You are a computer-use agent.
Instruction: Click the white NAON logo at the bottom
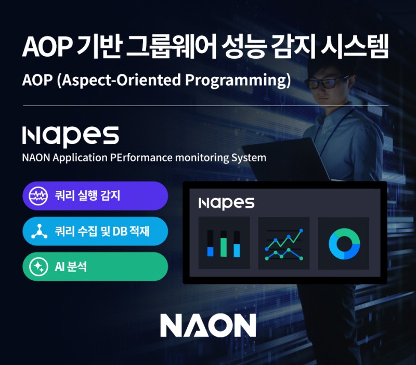coord(208,325)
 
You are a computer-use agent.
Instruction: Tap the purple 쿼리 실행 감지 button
coord(95,196)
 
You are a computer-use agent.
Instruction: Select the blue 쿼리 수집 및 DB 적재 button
coord(95,231)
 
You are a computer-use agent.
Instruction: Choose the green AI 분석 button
coord(95,266)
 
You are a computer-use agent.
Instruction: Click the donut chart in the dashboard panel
coord(344,243)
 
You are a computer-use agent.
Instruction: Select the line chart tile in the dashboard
coord(284,243)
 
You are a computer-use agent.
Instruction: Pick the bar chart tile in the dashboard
coord(224,243)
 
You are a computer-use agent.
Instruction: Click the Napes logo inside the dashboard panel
coord(226,203)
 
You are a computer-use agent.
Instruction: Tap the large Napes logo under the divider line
coord(71,135)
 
